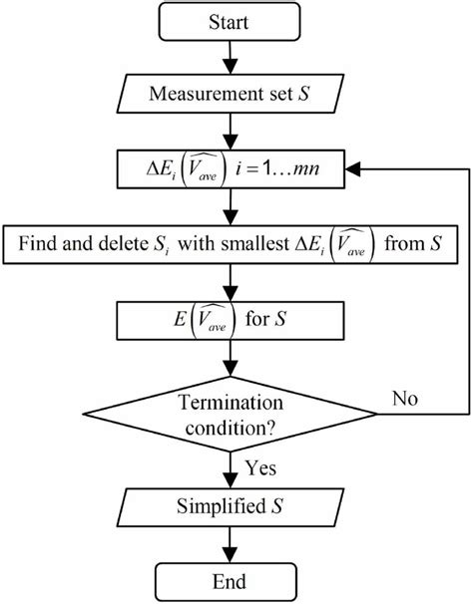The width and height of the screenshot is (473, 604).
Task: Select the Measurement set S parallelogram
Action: (x=232, y=96)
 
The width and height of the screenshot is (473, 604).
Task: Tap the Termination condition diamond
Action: (x=232, y=413)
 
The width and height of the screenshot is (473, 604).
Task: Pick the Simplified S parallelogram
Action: (x=232, y=506)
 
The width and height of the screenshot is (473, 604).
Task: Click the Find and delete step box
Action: (x=232, y=242)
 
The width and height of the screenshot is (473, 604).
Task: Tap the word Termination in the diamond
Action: (x=232, y=401)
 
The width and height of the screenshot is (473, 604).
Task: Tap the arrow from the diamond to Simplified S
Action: (x=232, y=463)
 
